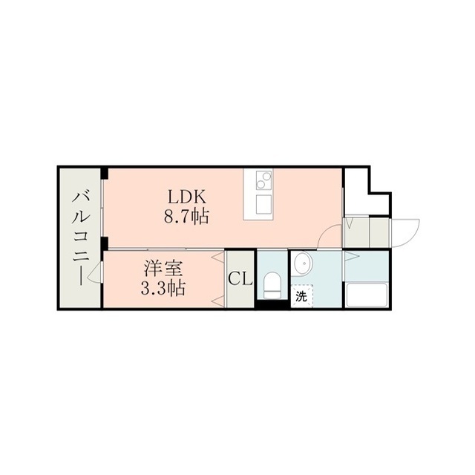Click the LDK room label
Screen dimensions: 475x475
187,197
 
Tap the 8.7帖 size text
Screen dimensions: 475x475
186,217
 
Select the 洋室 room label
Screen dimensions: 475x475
163,269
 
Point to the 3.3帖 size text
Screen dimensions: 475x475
163,289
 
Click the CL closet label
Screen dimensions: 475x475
240,278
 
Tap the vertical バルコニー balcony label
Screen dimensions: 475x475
81,238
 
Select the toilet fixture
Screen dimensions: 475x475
272,285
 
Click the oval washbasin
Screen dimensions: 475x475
303,263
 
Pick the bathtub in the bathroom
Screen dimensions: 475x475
367,295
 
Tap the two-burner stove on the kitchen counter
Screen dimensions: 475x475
263,180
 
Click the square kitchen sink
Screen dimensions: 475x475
263,205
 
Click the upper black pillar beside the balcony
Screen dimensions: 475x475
105,174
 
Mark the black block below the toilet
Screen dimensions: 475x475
272,304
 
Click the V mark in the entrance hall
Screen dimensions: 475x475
349,223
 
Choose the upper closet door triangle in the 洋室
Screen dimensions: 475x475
218,258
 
